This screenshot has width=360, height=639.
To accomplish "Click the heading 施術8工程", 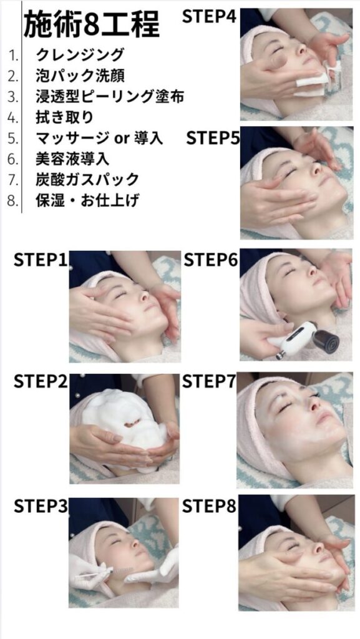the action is pos(92,24).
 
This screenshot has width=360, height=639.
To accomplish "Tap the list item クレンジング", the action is pos(80,55).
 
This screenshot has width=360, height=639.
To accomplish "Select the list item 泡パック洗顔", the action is pos(80,76).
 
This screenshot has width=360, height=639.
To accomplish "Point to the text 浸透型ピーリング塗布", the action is pos(110,96).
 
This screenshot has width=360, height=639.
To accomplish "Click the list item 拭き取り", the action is pos(65,117).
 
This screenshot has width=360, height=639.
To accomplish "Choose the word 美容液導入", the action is pos(72,159).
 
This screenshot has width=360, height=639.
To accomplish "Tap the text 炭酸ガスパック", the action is pos(87,179).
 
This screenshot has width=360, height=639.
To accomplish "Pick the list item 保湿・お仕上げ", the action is pos(87,200).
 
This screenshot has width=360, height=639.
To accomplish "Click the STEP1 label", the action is pos(41,260).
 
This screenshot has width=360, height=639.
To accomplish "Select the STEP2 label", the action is pos(41,381).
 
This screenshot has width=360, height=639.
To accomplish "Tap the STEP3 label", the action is pos(41,505).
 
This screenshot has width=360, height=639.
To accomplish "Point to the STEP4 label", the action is pos(209,17).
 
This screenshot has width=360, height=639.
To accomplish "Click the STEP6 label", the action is pos(210,260).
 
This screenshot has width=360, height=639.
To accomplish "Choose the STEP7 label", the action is pos(209,381).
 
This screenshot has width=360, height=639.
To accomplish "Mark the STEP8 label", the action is pos(209,505).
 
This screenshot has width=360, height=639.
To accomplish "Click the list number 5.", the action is pos(13,138).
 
